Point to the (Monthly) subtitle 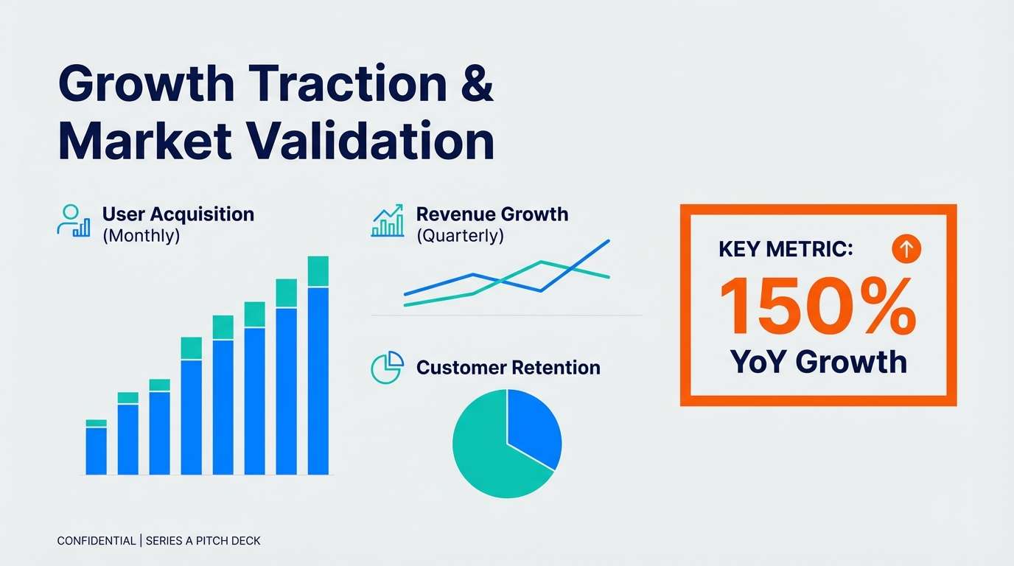[141, 237]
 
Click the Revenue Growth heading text [492, 214]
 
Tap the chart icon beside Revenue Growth [388, 221]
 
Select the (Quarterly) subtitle [460, 237]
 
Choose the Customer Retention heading [508, 367]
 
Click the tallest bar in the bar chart [318, 380]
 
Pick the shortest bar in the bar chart [96, 450]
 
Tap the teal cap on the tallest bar [318, 271]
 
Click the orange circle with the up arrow [906, 250]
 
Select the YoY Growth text [818, 362]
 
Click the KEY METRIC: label [785, 250]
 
